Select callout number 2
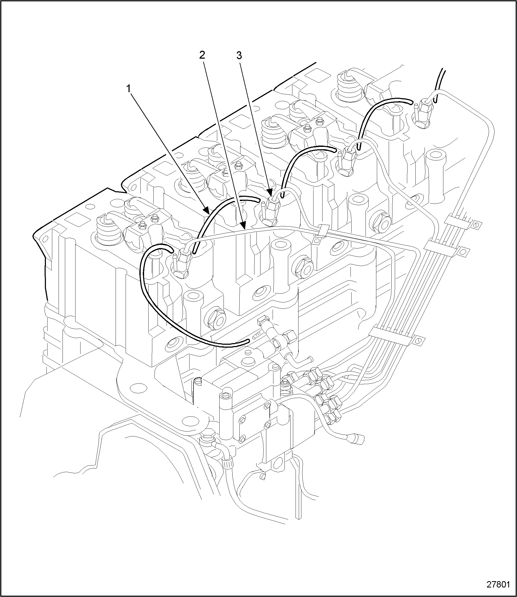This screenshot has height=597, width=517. coord(202,55)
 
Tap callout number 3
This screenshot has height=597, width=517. coord(239,55)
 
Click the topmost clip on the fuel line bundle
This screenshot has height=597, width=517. coord(459,222)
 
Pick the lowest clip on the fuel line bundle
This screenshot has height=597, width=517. coord(395,338)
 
